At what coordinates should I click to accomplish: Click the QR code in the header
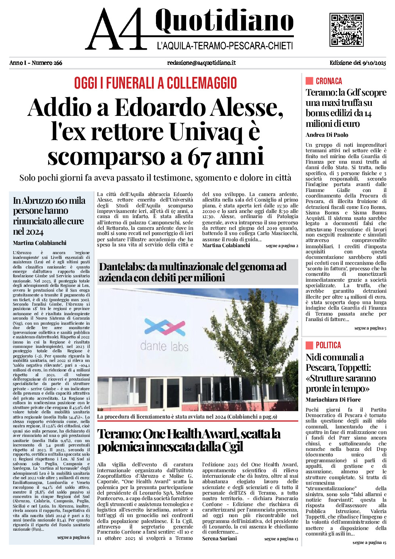[x=346, y=29]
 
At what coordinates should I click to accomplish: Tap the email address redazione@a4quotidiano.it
[x=201, y=63]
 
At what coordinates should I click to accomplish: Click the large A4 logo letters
[x=115, y=29]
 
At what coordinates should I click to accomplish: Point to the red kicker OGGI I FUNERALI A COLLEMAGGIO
[x=155, y=83]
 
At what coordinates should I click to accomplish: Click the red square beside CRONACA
[x=309, y=81]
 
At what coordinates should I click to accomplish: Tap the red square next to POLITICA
[x=309, y=345]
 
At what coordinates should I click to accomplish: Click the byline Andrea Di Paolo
[x=327, y=135]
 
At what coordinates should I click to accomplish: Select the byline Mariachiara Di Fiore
[x=333, y=400]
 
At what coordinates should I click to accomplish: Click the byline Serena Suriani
[x=220, y=538]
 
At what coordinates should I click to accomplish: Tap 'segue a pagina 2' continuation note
[x=282, y=246]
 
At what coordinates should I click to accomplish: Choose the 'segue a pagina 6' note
[x=73, y=537]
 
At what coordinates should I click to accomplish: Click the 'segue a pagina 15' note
[x=369, y=542]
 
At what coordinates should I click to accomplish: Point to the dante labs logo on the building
[x=164, y=335]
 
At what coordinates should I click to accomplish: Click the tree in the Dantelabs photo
[x=254, y=338]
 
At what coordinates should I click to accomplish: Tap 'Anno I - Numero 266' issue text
[x=36, y=63]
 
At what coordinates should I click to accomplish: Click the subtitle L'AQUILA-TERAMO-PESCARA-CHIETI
[x=225, y=46]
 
